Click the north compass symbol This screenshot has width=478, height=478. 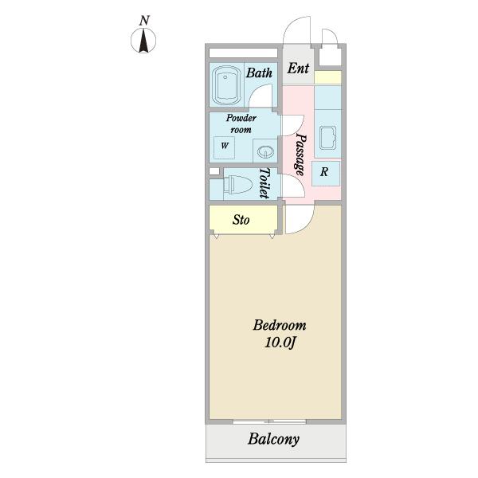click(x=143, y=41)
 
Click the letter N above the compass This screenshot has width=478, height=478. click(x=144, y=20)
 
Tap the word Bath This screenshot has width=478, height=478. click(x=259, y=73)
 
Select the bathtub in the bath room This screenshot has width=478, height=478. click(x=227, y=84)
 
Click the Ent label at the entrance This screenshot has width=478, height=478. click(x=298, y=69)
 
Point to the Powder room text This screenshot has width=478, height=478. click(x=241, y=123)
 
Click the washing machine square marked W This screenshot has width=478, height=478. click(x=225, y=147)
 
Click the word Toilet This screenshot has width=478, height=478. click(x=265, y=184)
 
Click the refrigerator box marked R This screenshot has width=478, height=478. click(x=326, y=171)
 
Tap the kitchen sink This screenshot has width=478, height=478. click(x=327, y=139)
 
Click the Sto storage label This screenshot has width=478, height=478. click(x=241, y=219)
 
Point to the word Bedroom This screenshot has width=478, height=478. click(x=279, y=325)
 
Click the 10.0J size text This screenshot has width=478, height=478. click(x=280, y=343)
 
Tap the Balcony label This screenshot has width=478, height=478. click(x=273, y=439)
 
